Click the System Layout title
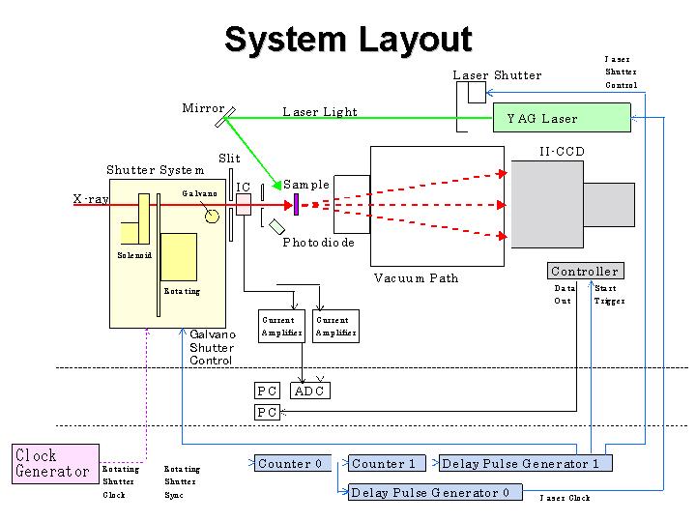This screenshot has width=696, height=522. [x=348, y=40]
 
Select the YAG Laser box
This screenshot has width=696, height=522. [x=561, y=118]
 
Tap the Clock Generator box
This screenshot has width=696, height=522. [x=56, y=463]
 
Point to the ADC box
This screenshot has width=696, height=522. [x=309, y=391]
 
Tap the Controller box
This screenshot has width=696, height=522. [x=584, y=272]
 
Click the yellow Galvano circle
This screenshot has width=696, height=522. [x=212, y=216]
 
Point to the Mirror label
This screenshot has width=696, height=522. [x=203, y=108]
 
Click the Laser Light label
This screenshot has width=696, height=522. [x=319, y=112]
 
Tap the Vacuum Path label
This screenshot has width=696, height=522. [x=416, y=278]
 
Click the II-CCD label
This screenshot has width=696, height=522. [x=562, y=152]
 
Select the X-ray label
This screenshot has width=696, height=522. [x=91, y=199]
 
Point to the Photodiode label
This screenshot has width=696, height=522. [x=318, y=243]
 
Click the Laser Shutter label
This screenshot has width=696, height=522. [x=497, y=75]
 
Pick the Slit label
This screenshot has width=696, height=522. [x=229, y=159]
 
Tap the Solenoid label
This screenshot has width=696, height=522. [x=134, y=255]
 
